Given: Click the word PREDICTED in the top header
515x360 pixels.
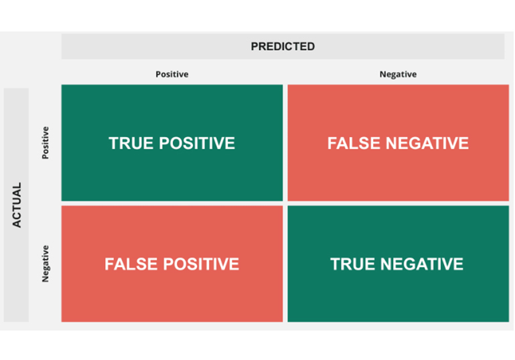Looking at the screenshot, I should tap(283, 47).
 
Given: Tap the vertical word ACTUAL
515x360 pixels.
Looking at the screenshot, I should tap(17, 205).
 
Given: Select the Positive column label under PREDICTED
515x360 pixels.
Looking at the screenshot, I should tap(171, 74).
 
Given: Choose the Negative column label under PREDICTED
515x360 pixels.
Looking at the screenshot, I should tap(398, 74).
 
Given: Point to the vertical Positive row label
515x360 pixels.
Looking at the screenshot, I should tap(46, 143).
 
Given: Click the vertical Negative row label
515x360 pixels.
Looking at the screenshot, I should tap(46, 264).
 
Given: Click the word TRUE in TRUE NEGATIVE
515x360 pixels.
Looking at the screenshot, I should tap(353, 264).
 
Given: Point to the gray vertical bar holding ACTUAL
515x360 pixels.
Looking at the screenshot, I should tap(17, 281).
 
